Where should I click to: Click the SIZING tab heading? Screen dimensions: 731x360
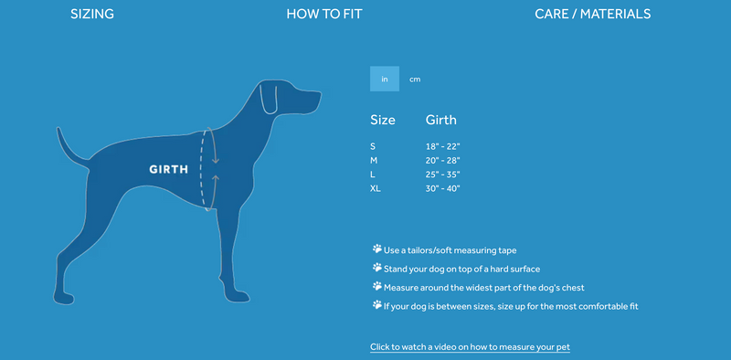(92, 14)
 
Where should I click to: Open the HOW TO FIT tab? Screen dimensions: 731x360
(324, 14)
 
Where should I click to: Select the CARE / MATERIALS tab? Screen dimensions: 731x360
(592, 14)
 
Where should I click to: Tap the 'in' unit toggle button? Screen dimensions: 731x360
(385, 79)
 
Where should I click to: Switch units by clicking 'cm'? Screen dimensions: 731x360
(415, 79)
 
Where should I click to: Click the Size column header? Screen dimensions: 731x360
(383, 120)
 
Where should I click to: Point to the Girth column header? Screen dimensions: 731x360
(441, 120)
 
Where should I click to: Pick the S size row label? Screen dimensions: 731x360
(373, 146)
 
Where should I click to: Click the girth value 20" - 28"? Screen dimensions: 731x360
(443, 161)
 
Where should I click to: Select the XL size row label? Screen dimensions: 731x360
(376, 189)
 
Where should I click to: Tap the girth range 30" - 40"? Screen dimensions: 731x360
(443, 189)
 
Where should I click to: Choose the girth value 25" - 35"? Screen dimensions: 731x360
(443, 175)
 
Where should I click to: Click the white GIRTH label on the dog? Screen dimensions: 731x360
(169, 170)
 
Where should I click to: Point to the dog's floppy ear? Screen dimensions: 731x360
(268, 98)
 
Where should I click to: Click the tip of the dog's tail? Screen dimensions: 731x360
(58, 129)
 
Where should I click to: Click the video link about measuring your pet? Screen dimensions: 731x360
(470, 347)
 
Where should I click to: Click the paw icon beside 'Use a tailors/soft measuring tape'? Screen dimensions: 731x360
(377, 249)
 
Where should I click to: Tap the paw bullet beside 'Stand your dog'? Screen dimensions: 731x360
(377, 268)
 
